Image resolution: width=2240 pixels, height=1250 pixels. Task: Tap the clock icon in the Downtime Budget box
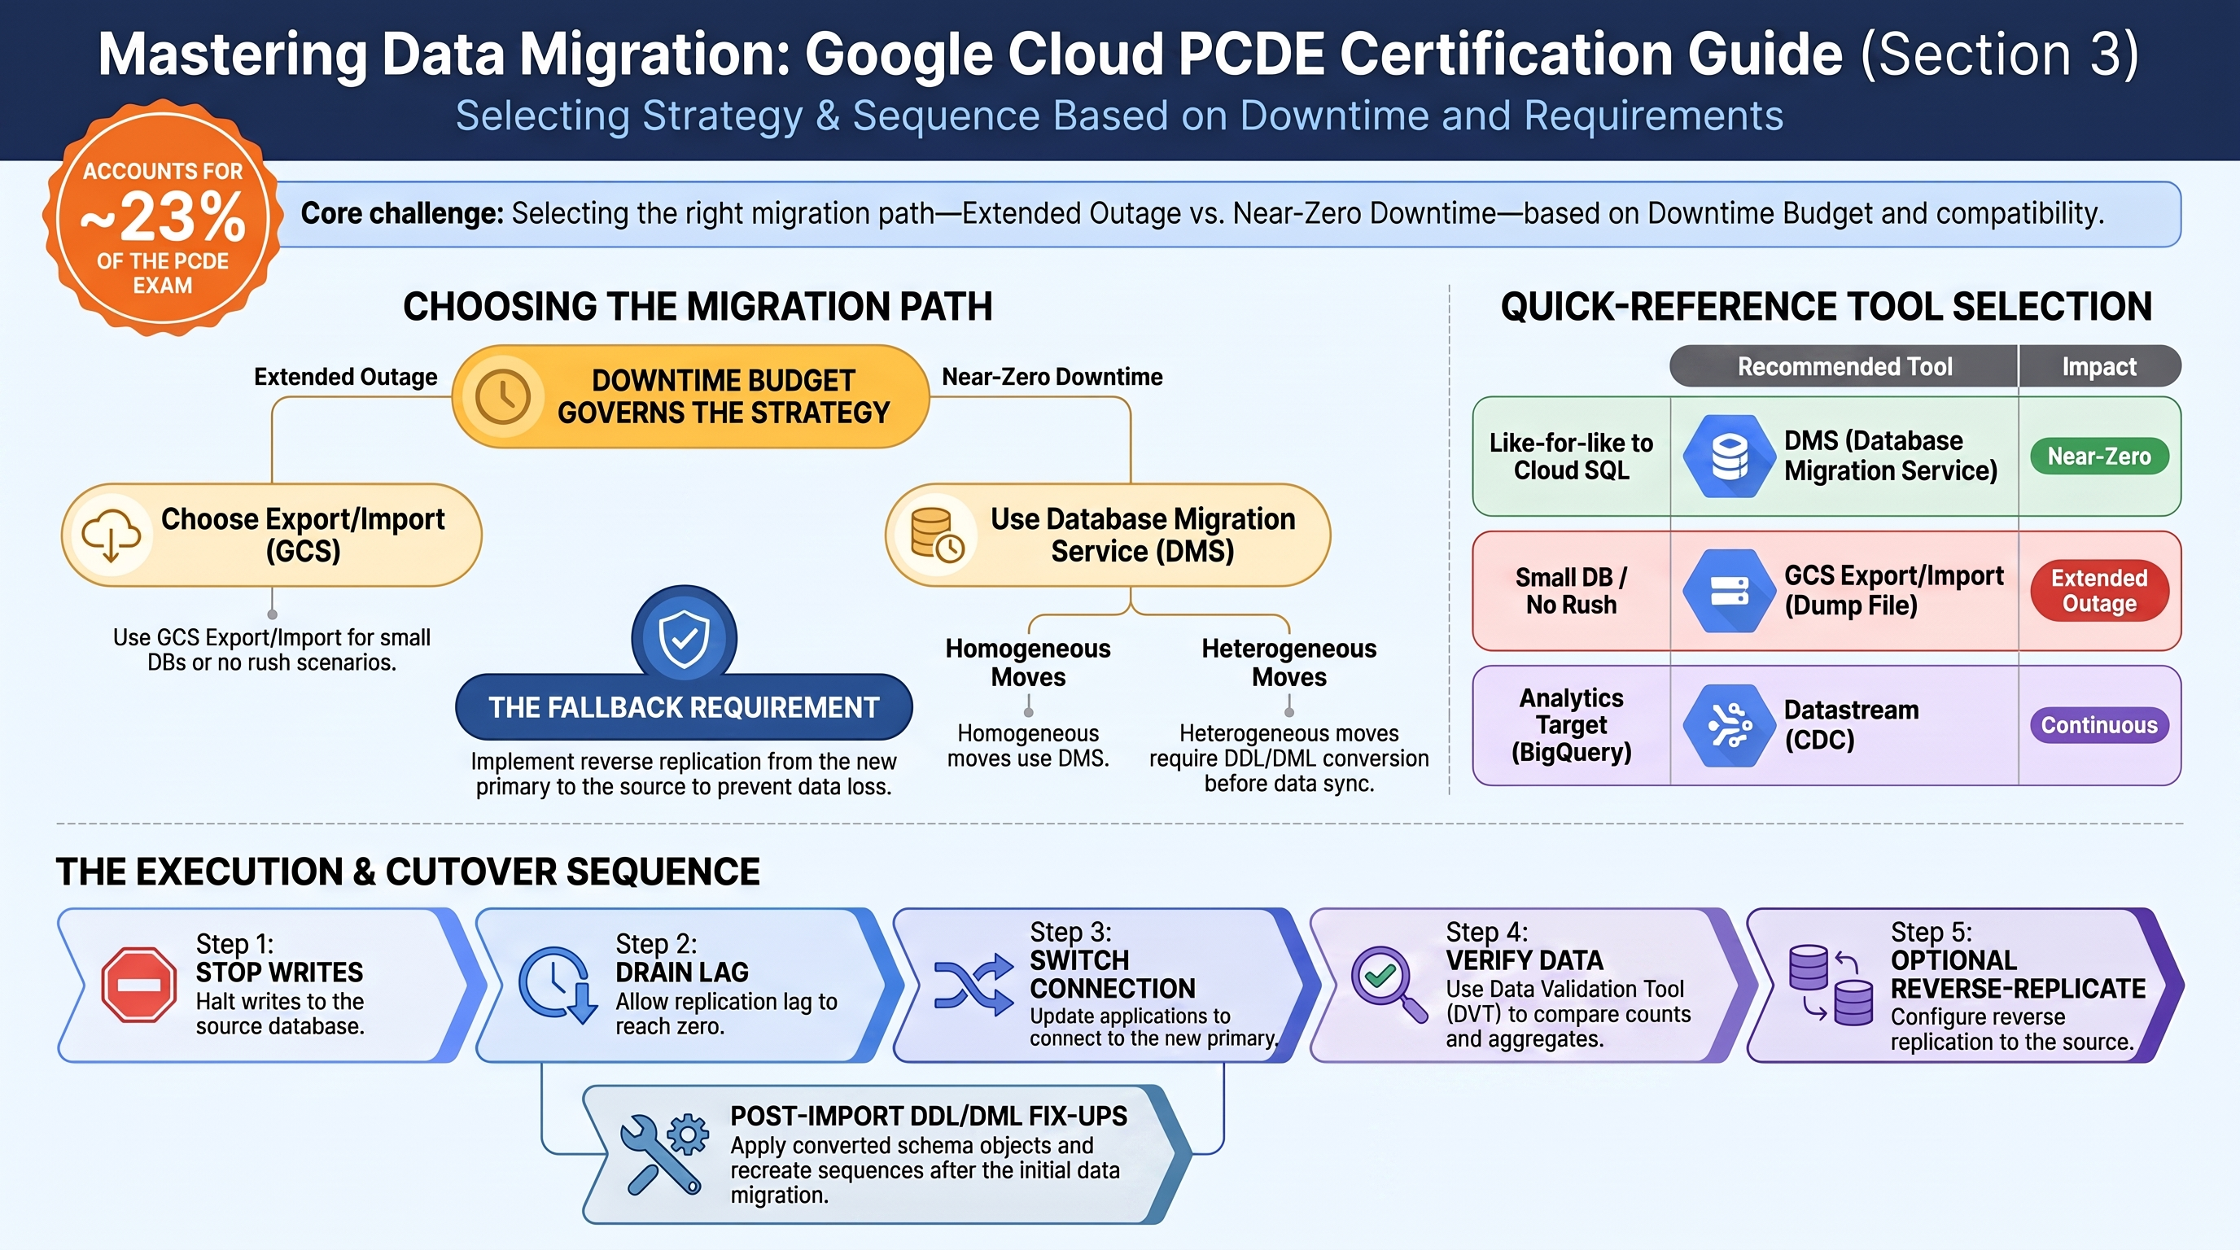502,396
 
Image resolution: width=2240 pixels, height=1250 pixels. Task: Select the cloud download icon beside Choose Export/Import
111,534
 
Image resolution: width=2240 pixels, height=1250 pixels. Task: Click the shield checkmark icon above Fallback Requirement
685,637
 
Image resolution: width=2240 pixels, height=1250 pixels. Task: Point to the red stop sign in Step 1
138,984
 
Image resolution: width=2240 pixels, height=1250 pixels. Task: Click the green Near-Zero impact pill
2099,457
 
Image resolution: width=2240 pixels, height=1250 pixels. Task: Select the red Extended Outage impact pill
2099,590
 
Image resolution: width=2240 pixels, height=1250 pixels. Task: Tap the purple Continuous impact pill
2099,725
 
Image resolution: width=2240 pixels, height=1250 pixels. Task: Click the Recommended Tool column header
1844,367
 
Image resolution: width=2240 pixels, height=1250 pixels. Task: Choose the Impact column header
2099,367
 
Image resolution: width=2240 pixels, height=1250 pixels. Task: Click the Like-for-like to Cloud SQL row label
1571,457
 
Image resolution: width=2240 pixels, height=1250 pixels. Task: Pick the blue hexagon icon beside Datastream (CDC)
1729,725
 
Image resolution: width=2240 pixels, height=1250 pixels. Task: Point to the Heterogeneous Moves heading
1288,662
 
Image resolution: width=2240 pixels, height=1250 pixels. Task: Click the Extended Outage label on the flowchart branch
345,377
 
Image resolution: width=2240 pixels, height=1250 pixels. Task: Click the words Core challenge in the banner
402,213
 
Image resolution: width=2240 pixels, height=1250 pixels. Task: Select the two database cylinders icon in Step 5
1831,985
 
